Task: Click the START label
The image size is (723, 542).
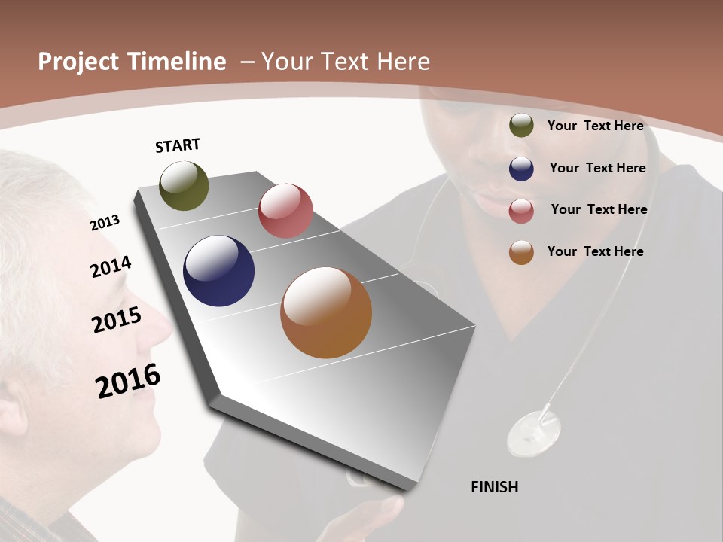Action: pos(178,145)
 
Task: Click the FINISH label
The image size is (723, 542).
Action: pos(494,487)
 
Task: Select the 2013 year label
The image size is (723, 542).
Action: pos(105,222)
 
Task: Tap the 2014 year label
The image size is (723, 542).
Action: pos(111,266)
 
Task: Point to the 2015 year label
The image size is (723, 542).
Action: pos(116,319)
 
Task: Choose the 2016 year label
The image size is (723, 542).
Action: pos(128,381)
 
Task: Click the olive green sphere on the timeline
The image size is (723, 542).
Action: pos(184,185)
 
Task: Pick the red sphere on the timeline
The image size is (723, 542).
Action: pos(285,210)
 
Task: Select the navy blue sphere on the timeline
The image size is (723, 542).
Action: pos(218,271)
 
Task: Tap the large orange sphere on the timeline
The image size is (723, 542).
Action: pos(326,312)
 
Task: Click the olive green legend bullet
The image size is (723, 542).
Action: pos(521,125)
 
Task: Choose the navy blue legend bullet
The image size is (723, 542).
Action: pos(521,169)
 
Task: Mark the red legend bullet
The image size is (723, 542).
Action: pos(521,211)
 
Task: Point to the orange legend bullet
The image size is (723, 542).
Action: pos(521,252)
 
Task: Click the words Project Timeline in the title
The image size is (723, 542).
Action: pos(132,62)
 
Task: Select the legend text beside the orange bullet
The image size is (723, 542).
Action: pos(595,251)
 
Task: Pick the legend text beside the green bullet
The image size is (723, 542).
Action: pos(595,126)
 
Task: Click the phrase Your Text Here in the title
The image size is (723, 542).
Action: pos(345,62)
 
